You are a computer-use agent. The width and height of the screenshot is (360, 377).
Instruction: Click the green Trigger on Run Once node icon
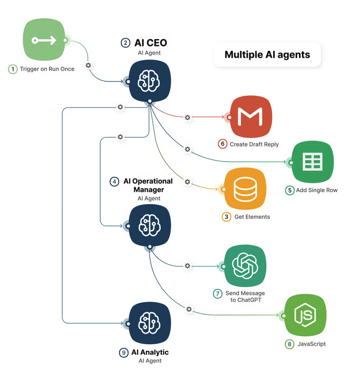44,40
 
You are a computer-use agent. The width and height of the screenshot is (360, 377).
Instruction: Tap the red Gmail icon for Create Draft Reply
251,117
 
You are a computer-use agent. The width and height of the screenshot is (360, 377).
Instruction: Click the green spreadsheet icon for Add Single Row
313,162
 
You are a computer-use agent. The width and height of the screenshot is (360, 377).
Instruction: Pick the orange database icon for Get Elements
245,189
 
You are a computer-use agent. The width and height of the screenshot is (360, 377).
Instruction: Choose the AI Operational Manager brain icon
150,225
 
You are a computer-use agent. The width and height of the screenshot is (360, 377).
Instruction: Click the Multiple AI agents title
267,55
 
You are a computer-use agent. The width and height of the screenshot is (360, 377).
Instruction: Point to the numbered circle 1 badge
13,69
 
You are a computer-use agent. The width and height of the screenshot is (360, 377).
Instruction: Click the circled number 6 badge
223,144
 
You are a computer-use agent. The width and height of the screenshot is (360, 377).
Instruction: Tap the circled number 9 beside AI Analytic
123,353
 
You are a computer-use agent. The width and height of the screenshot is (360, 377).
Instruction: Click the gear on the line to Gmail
187,118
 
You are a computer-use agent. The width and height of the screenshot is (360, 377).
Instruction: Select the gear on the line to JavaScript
189,309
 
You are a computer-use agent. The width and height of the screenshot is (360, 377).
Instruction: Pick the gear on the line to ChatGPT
187,265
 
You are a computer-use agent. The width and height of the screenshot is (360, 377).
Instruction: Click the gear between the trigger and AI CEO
88,65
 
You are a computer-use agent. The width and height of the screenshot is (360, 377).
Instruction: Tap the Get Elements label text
252,217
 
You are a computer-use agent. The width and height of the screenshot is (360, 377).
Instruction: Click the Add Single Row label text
317,190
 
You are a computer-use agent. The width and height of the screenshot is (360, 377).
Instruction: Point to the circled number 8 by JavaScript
289,344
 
